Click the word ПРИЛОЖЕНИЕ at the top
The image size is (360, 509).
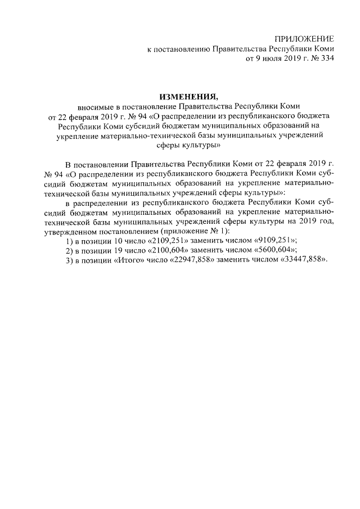coord(304,39)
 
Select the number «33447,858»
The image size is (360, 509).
coord(299,261)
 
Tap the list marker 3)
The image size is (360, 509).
coord(69,261)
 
